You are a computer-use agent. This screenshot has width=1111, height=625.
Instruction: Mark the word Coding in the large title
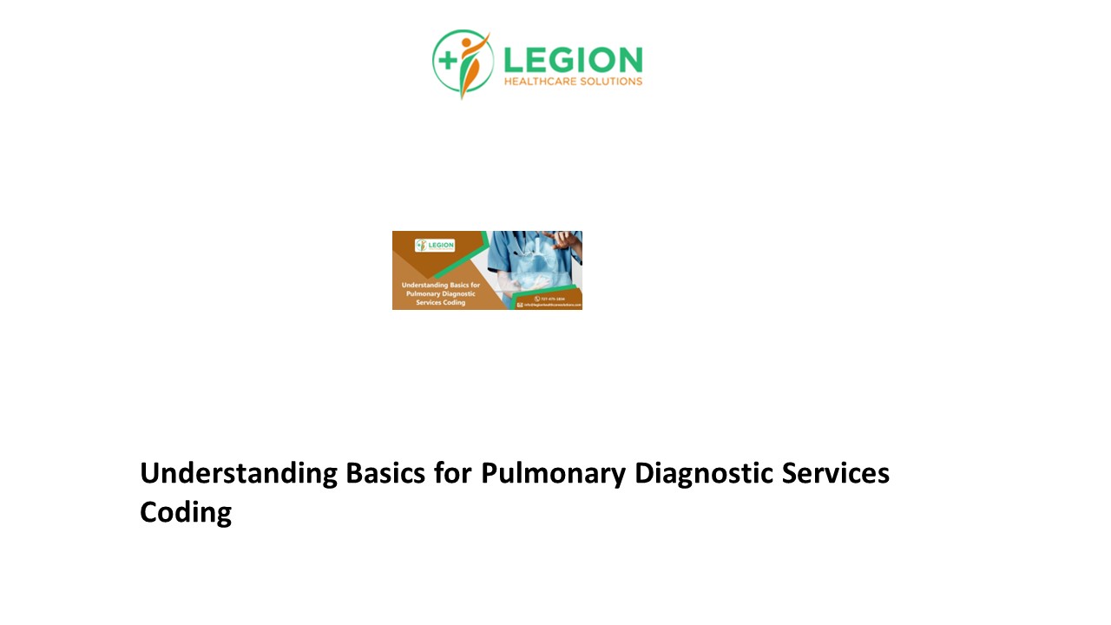tap(186, 512)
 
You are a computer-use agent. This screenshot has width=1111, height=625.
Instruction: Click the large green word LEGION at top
tap(573, 60)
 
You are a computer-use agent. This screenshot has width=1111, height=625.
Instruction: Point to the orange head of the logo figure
tap(468, 41)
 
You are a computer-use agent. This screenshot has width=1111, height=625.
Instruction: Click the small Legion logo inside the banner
tap(435, 246)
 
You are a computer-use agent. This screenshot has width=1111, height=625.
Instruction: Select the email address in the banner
tap(552, 306)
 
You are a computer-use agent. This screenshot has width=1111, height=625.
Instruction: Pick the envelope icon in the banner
tap(520, 306)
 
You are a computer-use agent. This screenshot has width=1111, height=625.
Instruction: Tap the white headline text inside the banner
tap(439, 293)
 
